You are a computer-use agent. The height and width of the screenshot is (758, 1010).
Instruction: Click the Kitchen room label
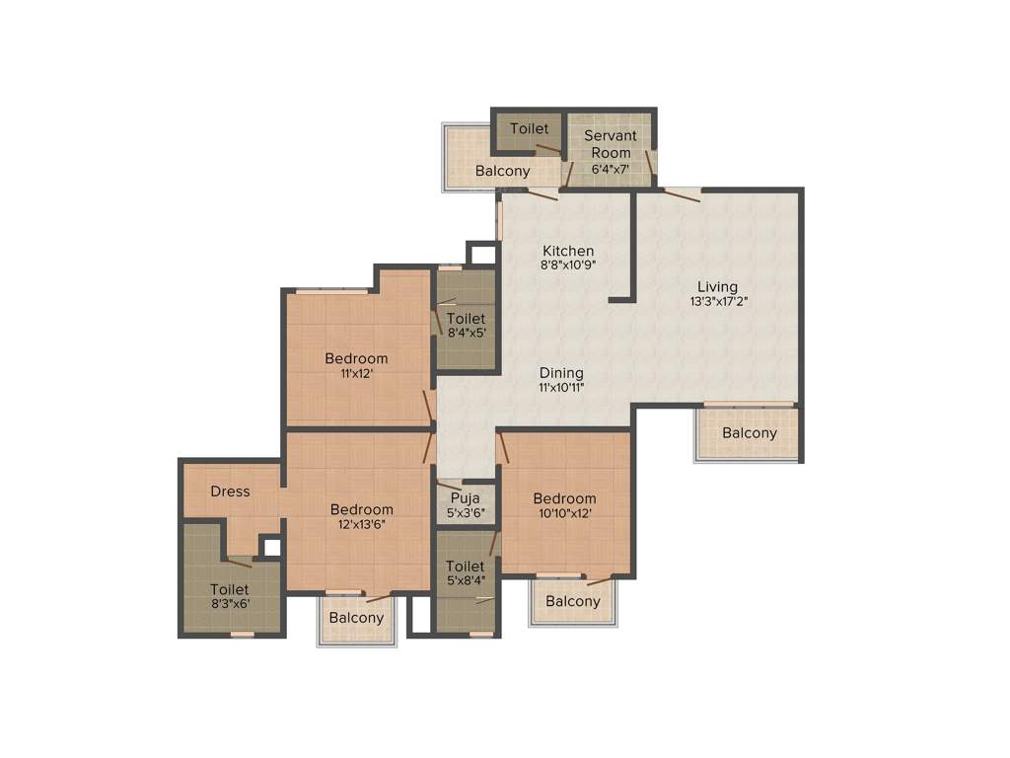coord(567,251)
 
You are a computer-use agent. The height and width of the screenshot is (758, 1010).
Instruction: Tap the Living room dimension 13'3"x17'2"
coord(719,302)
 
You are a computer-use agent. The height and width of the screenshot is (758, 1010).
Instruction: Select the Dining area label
coord(561,373)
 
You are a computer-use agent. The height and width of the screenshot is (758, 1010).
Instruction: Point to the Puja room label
coord(466,498)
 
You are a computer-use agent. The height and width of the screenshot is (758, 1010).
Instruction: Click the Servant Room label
coord(611,144)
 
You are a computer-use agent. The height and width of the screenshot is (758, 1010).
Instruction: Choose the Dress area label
coord(230,492)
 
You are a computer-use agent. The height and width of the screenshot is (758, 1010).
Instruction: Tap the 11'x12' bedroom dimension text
coord(356,373)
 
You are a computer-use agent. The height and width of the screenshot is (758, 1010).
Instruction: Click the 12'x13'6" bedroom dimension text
coord(361,524)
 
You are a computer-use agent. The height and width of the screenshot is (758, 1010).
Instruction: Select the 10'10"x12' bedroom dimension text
coord(564,513)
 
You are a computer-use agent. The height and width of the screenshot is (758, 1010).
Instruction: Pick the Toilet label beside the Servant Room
coord(530,129)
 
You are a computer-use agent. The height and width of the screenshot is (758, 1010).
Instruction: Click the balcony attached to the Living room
coord(750,432)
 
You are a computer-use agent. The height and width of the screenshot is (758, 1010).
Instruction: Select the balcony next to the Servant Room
coord(502,171)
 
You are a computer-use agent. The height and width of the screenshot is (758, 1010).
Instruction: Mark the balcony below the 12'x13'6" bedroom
coord(356,618)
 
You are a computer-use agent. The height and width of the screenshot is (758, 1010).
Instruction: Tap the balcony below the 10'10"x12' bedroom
coord(572,601)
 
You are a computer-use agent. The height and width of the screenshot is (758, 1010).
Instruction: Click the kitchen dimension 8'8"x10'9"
coord(568,265)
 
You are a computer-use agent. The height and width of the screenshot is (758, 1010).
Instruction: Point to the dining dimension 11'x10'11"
coord(561,387)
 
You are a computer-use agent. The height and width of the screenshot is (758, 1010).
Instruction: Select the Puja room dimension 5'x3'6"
coord(466,512)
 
